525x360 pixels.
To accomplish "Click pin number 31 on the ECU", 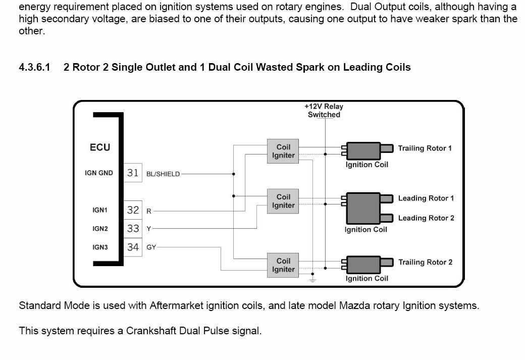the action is point(133,173).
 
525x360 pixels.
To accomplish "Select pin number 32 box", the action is point(133,210).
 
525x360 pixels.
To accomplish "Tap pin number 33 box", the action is point(133,228).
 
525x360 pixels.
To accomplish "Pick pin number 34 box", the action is point(133,247).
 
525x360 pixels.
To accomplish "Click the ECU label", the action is point(100,147).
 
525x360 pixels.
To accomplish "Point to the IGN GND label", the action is point(99,173).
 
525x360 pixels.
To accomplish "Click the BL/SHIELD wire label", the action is point(163,174).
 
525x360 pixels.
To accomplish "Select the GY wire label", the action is point(151,247).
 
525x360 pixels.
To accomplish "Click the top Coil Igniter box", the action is point(283,151).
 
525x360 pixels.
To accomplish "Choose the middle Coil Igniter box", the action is point(283,201).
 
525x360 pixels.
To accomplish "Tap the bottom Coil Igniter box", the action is point(283,265).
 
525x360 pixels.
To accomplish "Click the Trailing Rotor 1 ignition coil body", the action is point(363,150).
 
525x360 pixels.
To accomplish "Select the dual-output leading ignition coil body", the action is point(363,208).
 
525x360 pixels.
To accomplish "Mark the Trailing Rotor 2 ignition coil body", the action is point(363,265).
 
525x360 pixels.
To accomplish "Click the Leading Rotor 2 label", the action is point(426,218).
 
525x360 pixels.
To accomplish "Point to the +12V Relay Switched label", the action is point(324,111).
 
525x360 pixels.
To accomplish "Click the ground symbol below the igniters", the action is point(312,279).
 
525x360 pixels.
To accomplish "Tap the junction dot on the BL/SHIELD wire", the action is point(233,174).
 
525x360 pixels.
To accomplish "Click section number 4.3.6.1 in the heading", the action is point(34,67).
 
